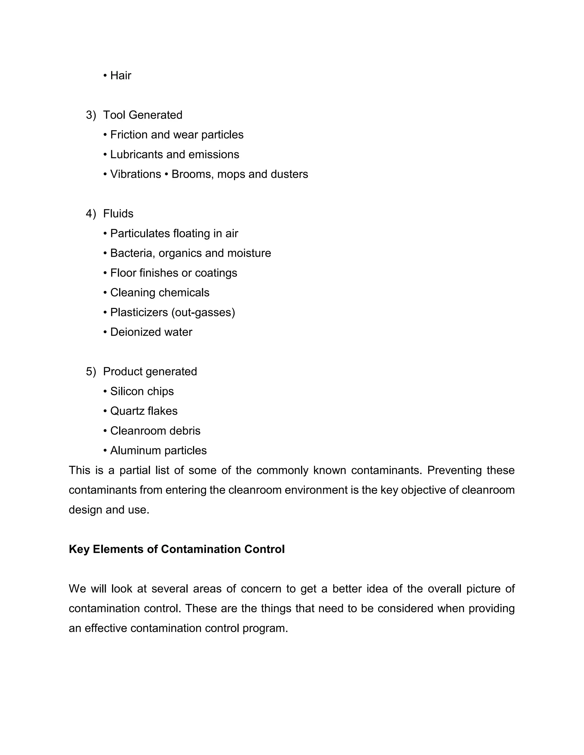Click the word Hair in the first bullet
point(120,75)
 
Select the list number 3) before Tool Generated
point(91,115)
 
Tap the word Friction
point(129,134)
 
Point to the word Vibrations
point(135,174)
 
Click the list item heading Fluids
point(118,213)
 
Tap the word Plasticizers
point(139,312)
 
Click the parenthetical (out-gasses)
point(203,312)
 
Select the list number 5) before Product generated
point(91,371)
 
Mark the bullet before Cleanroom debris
point(105,431)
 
